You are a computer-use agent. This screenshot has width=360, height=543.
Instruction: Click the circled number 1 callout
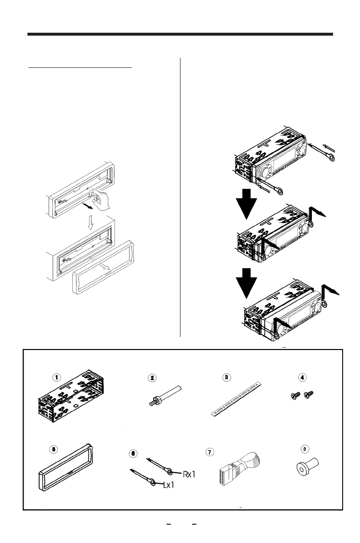point(57,378)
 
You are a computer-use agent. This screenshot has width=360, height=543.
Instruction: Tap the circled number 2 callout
point(152,378)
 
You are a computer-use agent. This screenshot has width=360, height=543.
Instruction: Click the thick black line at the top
point(180,35)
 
